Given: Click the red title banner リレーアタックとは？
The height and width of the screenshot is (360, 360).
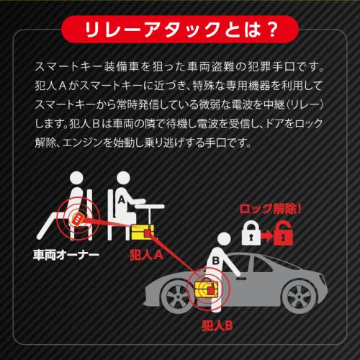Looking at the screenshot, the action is [180, 30].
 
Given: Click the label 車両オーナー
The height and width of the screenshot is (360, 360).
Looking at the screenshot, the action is [66, 255].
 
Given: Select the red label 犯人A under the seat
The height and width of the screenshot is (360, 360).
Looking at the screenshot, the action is [146, 255].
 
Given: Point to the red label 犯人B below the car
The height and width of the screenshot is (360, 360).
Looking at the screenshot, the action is [217, 325].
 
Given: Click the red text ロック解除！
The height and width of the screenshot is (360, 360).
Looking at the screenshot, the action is [271, 210].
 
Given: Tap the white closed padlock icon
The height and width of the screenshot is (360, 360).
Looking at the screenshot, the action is [251, 233].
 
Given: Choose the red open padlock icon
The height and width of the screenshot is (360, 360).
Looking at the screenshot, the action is [284, 233].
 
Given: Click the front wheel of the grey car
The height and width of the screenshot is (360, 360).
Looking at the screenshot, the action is [177, 297].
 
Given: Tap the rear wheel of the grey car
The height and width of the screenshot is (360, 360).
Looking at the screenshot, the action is [302, 297].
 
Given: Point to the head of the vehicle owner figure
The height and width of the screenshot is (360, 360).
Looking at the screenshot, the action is [76, 179].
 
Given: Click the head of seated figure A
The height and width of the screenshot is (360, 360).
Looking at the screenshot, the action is [123, 179].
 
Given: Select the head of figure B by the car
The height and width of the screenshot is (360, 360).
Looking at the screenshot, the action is [224, 240].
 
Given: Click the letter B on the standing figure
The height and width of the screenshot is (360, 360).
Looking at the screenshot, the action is [215, 261].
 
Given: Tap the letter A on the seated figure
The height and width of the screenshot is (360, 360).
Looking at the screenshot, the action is [122, 199].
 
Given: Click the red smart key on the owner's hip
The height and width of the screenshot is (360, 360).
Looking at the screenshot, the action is [77, 219].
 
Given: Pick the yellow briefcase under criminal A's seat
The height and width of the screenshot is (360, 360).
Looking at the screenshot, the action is [143, 232].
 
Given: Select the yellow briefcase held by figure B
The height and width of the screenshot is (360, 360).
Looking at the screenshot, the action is [207, 289].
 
